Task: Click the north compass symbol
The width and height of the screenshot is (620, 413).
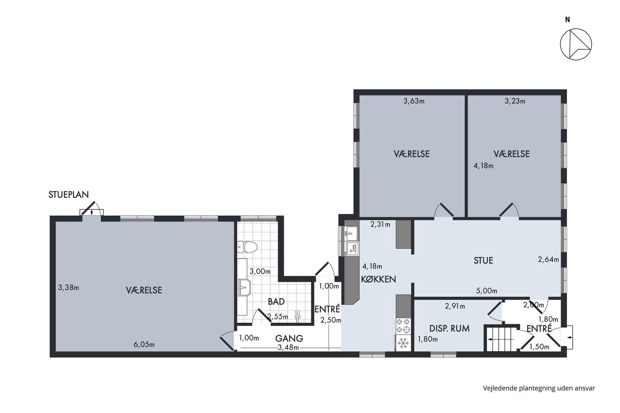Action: point(576,44)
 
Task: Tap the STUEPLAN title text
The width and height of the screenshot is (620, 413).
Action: point(69,195)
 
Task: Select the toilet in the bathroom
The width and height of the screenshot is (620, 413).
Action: point(248,247)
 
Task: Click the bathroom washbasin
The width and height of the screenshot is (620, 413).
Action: point(244,287)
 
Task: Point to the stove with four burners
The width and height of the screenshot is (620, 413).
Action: point(403,326)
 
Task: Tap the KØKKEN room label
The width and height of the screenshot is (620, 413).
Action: point(378,279)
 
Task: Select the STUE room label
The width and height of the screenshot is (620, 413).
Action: point(483,260)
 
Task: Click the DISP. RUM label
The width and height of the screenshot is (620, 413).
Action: point(449,328)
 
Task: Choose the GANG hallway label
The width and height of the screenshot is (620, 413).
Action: point(289,338)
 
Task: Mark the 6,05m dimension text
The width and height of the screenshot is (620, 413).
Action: point(144,345)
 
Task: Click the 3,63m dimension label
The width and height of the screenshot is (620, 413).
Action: point(414,101)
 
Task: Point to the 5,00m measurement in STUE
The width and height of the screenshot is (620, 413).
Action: point(487,291)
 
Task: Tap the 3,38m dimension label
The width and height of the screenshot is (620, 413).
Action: point(68,288)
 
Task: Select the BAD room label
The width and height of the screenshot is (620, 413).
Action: point(276,302)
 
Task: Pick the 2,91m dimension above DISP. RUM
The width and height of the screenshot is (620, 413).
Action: point(455,306)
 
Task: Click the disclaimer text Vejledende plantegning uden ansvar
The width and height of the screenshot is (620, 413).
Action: point(539,388)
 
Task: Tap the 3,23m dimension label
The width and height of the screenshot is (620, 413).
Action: point(515,101)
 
